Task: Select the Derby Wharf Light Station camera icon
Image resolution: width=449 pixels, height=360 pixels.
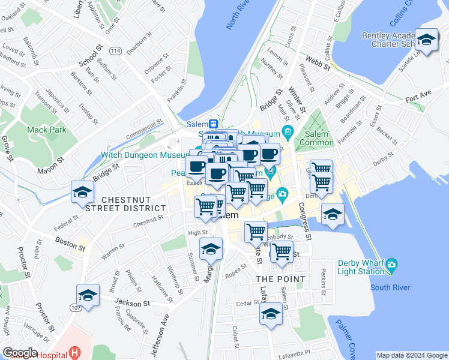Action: point(392,264)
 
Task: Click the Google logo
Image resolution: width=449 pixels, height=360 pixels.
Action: point(20,353)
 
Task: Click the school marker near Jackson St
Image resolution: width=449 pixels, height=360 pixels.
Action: point(88,295)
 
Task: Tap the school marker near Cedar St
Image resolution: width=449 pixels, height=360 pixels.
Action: point(271,314)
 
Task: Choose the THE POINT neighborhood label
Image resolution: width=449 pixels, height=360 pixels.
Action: point(280,279)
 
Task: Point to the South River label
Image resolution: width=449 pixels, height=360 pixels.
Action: point(390,286)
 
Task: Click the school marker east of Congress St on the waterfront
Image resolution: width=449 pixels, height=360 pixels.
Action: point(333,214)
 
